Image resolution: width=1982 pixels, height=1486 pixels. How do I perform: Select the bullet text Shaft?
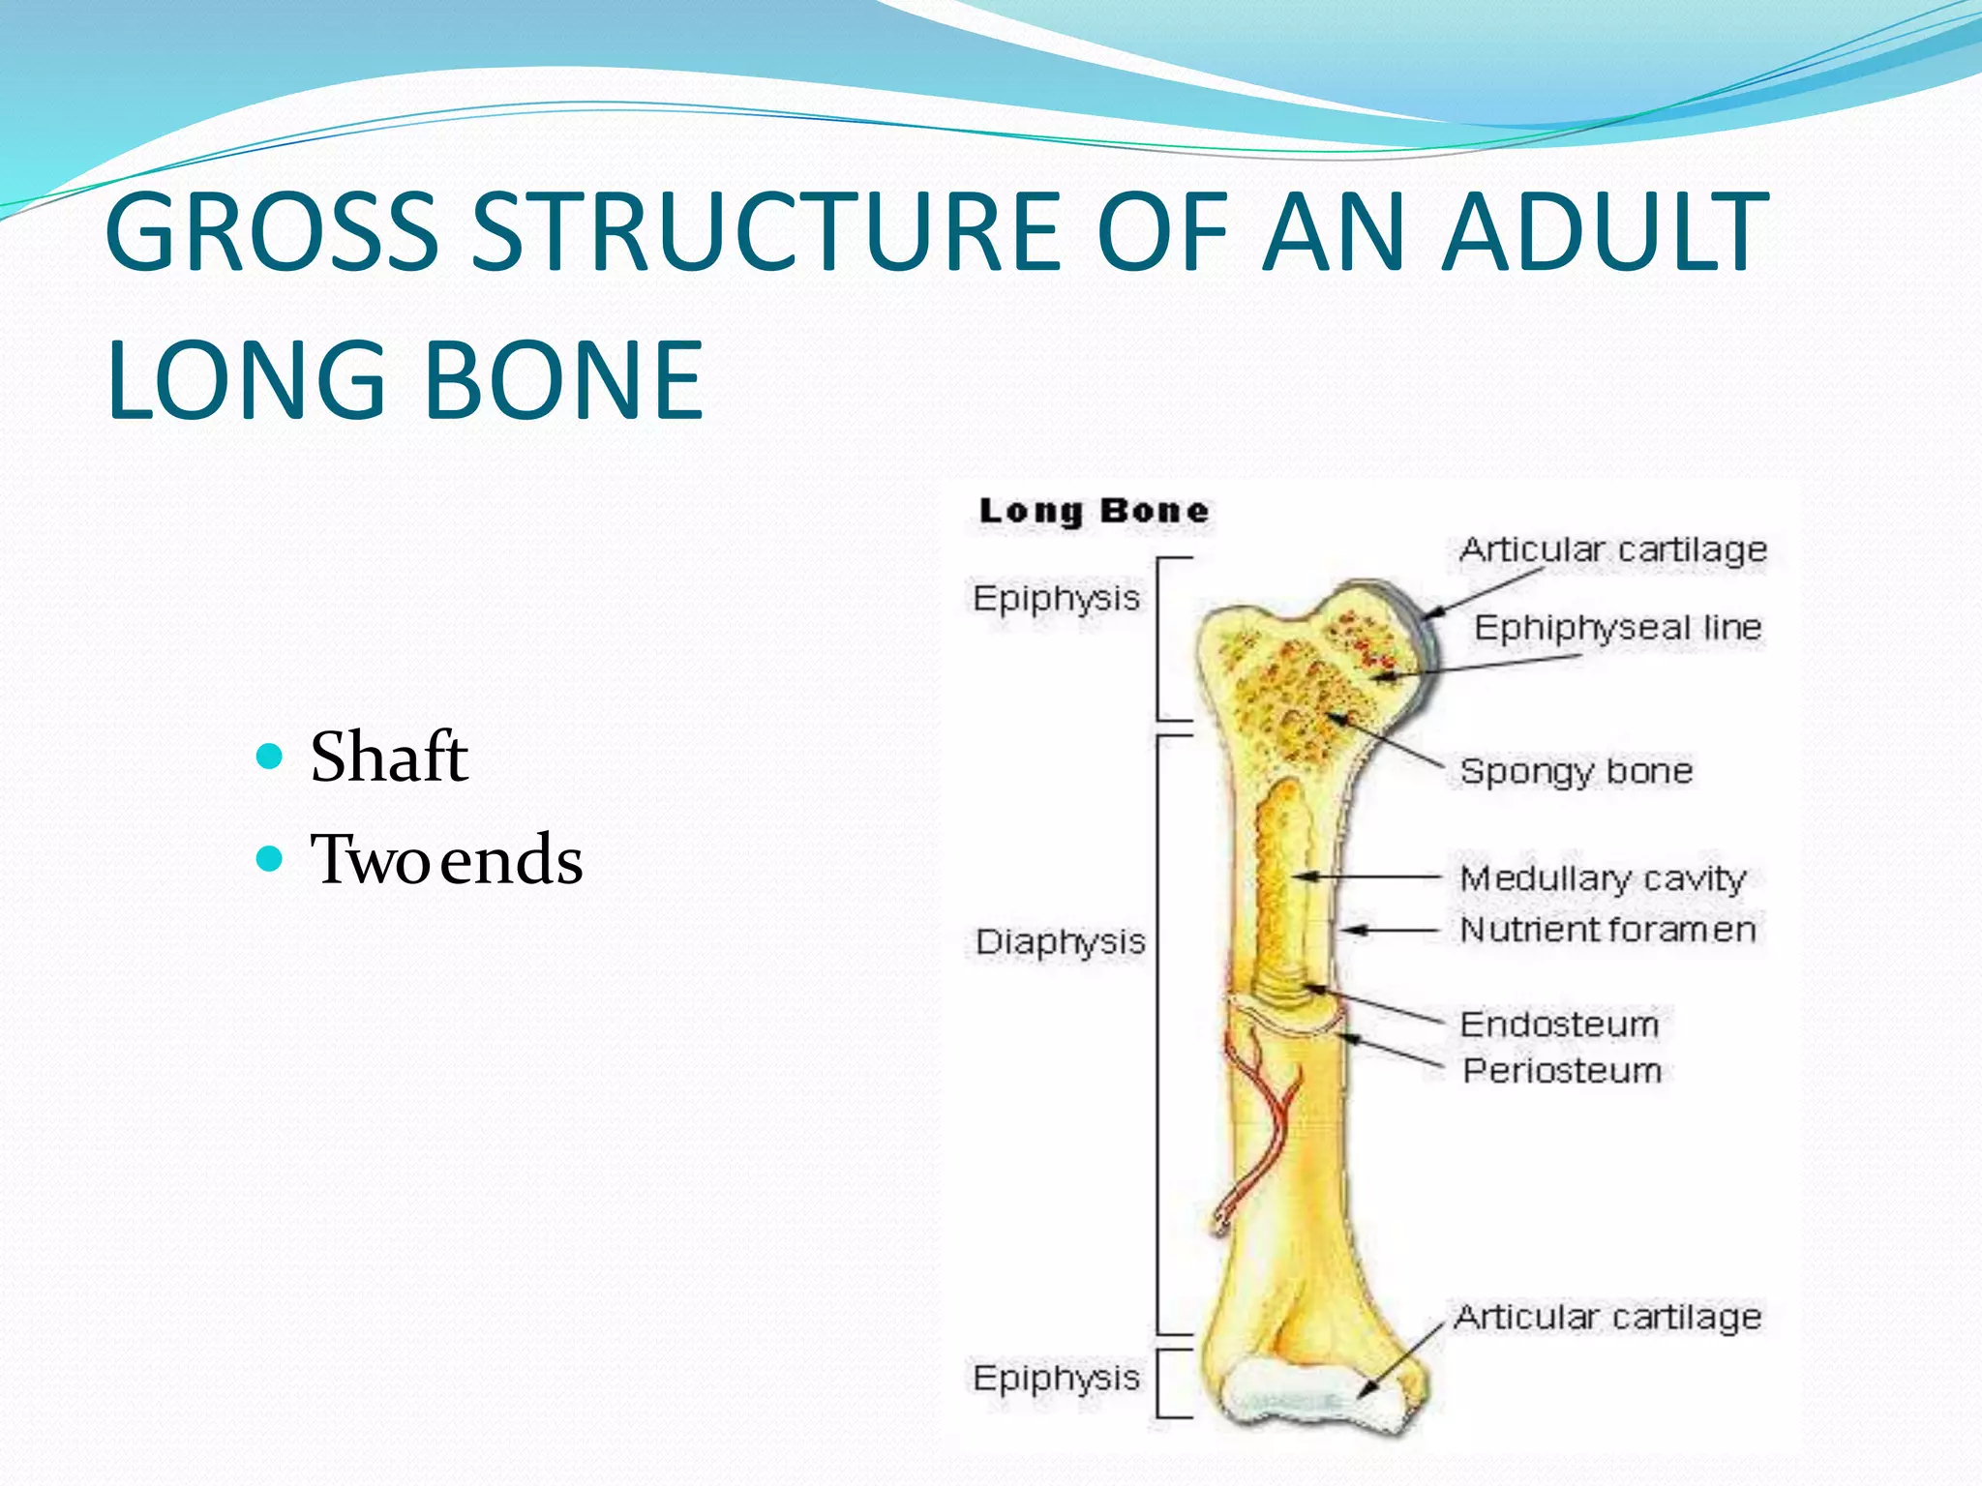(389, 757)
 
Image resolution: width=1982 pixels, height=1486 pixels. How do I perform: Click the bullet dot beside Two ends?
(271, 858)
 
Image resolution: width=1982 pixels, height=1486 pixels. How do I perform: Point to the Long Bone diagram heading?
(1094, 511)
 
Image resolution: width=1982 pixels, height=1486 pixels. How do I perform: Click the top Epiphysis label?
(1056, 599)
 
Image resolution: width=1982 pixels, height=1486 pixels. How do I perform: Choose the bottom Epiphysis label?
(1056, 1378)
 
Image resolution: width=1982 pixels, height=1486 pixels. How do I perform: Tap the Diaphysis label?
(1060, 941)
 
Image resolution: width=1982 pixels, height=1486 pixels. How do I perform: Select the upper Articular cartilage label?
(1613, 550)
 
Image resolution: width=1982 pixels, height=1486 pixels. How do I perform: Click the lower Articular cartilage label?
(1607, 1318)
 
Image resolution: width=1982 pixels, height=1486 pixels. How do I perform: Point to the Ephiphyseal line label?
(1617, 628)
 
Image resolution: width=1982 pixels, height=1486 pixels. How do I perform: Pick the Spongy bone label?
(1577, 771)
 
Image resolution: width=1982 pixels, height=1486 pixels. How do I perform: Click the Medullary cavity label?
(1603, 878)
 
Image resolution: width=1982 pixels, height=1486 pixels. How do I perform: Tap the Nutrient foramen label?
(1607, 930)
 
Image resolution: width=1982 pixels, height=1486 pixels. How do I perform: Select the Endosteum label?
(1559, 1025)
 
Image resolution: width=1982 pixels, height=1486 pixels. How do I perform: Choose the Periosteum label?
(1562, 1071)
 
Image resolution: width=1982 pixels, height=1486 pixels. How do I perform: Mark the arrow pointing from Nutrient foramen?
(1394, 931)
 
